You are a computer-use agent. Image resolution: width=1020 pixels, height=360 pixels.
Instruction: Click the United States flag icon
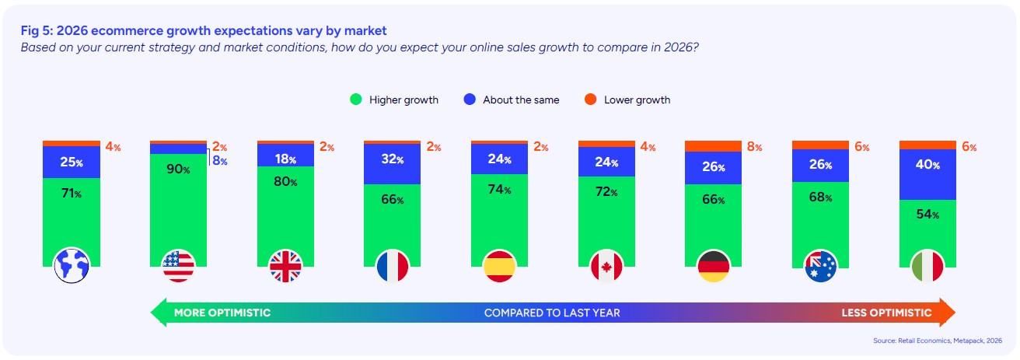179,267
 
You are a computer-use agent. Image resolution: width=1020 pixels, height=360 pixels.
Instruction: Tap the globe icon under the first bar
72,267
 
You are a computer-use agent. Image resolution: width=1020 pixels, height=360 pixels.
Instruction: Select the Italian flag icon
928,267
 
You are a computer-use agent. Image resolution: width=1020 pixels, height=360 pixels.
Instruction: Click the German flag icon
714,267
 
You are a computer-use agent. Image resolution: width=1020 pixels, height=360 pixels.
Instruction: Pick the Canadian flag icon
607,267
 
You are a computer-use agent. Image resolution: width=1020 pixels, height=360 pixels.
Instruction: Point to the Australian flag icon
821,267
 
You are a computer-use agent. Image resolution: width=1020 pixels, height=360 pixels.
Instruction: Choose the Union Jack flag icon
286,267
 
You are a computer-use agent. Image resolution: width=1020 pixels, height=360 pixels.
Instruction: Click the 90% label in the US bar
179,170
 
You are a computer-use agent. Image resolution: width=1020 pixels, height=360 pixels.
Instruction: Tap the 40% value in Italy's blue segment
928,166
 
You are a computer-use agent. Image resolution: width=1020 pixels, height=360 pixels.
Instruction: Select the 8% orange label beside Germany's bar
753,147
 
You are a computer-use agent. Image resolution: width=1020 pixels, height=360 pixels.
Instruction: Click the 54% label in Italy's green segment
928,215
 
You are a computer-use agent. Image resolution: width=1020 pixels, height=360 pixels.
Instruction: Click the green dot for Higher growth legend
356,100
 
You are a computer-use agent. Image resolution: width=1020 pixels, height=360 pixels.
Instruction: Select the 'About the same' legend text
521,100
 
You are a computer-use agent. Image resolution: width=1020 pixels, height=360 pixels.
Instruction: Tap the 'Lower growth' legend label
637,100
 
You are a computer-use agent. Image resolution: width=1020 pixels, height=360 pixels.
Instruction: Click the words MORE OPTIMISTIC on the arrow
222,313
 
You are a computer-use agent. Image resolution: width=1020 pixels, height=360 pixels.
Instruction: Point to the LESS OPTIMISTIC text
886,313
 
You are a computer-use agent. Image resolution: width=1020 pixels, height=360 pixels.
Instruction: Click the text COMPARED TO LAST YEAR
552,313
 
